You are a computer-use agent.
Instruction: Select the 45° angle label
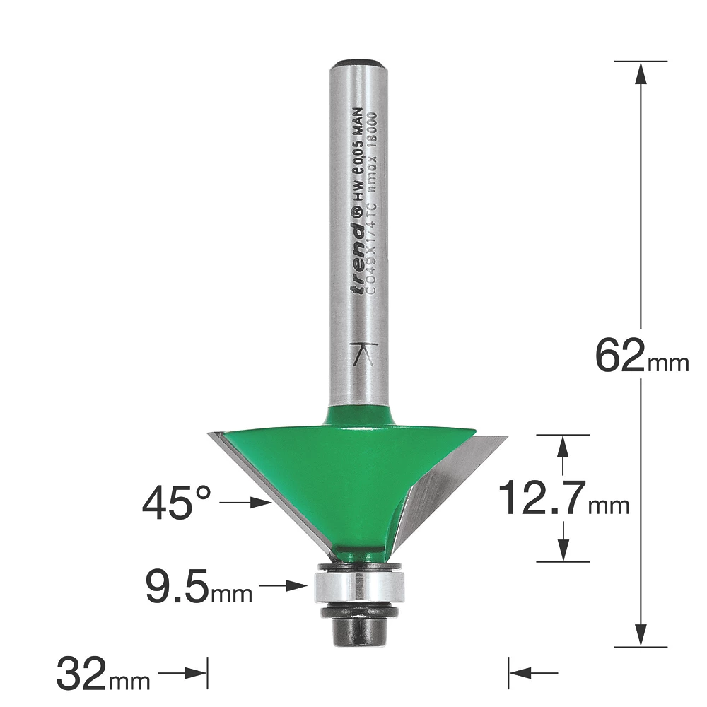[177, 503]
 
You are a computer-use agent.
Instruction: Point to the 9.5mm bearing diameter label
[199, 586]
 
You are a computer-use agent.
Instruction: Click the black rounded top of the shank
[359, 64]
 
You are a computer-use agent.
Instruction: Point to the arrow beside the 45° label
[247, 503]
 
